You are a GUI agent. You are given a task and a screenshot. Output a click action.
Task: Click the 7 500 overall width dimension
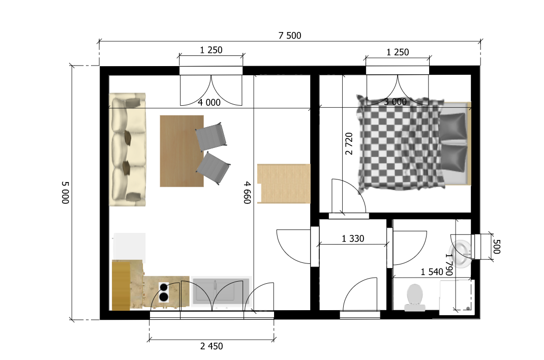[x=290, y=36]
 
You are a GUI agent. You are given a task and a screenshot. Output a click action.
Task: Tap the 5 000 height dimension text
[x=65, y=193]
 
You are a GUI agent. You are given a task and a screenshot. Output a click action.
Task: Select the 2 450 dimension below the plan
[x=211, y=346]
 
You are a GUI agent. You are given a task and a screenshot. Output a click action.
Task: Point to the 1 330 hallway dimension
[x=353, y=238]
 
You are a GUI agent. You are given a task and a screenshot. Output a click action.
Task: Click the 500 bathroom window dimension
[x=497, y=247]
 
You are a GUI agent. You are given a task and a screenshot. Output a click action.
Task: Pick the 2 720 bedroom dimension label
[x=349, y=143]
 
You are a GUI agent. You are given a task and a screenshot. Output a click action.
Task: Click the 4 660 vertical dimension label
[x=247, y=193]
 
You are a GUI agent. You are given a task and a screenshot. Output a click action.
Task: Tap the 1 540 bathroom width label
[x=432, y=272]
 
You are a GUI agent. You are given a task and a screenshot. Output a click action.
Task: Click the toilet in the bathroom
[x=414, y=297]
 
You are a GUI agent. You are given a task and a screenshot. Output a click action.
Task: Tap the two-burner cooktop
[x=164, y=292]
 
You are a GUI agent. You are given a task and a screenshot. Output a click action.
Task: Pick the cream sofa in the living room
[x=127, y=149]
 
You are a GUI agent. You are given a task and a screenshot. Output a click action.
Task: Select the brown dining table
[x=182, y=151]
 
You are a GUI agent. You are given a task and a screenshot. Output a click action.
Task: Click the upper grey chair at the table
[x=211, y=137]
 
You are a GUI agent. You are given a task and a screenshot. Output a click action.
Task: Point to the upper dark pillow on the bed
[x=453, y=127]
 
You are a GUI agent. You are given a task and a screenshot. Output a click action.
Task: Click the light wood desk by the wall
[x=284, y=184]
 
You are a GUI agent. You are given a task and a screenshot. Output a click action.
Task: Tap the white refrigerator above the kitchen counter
[x=129, y=246]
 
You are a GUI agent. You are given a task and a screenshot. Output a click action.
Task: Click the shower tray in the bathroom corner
[x=457, y=297]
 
